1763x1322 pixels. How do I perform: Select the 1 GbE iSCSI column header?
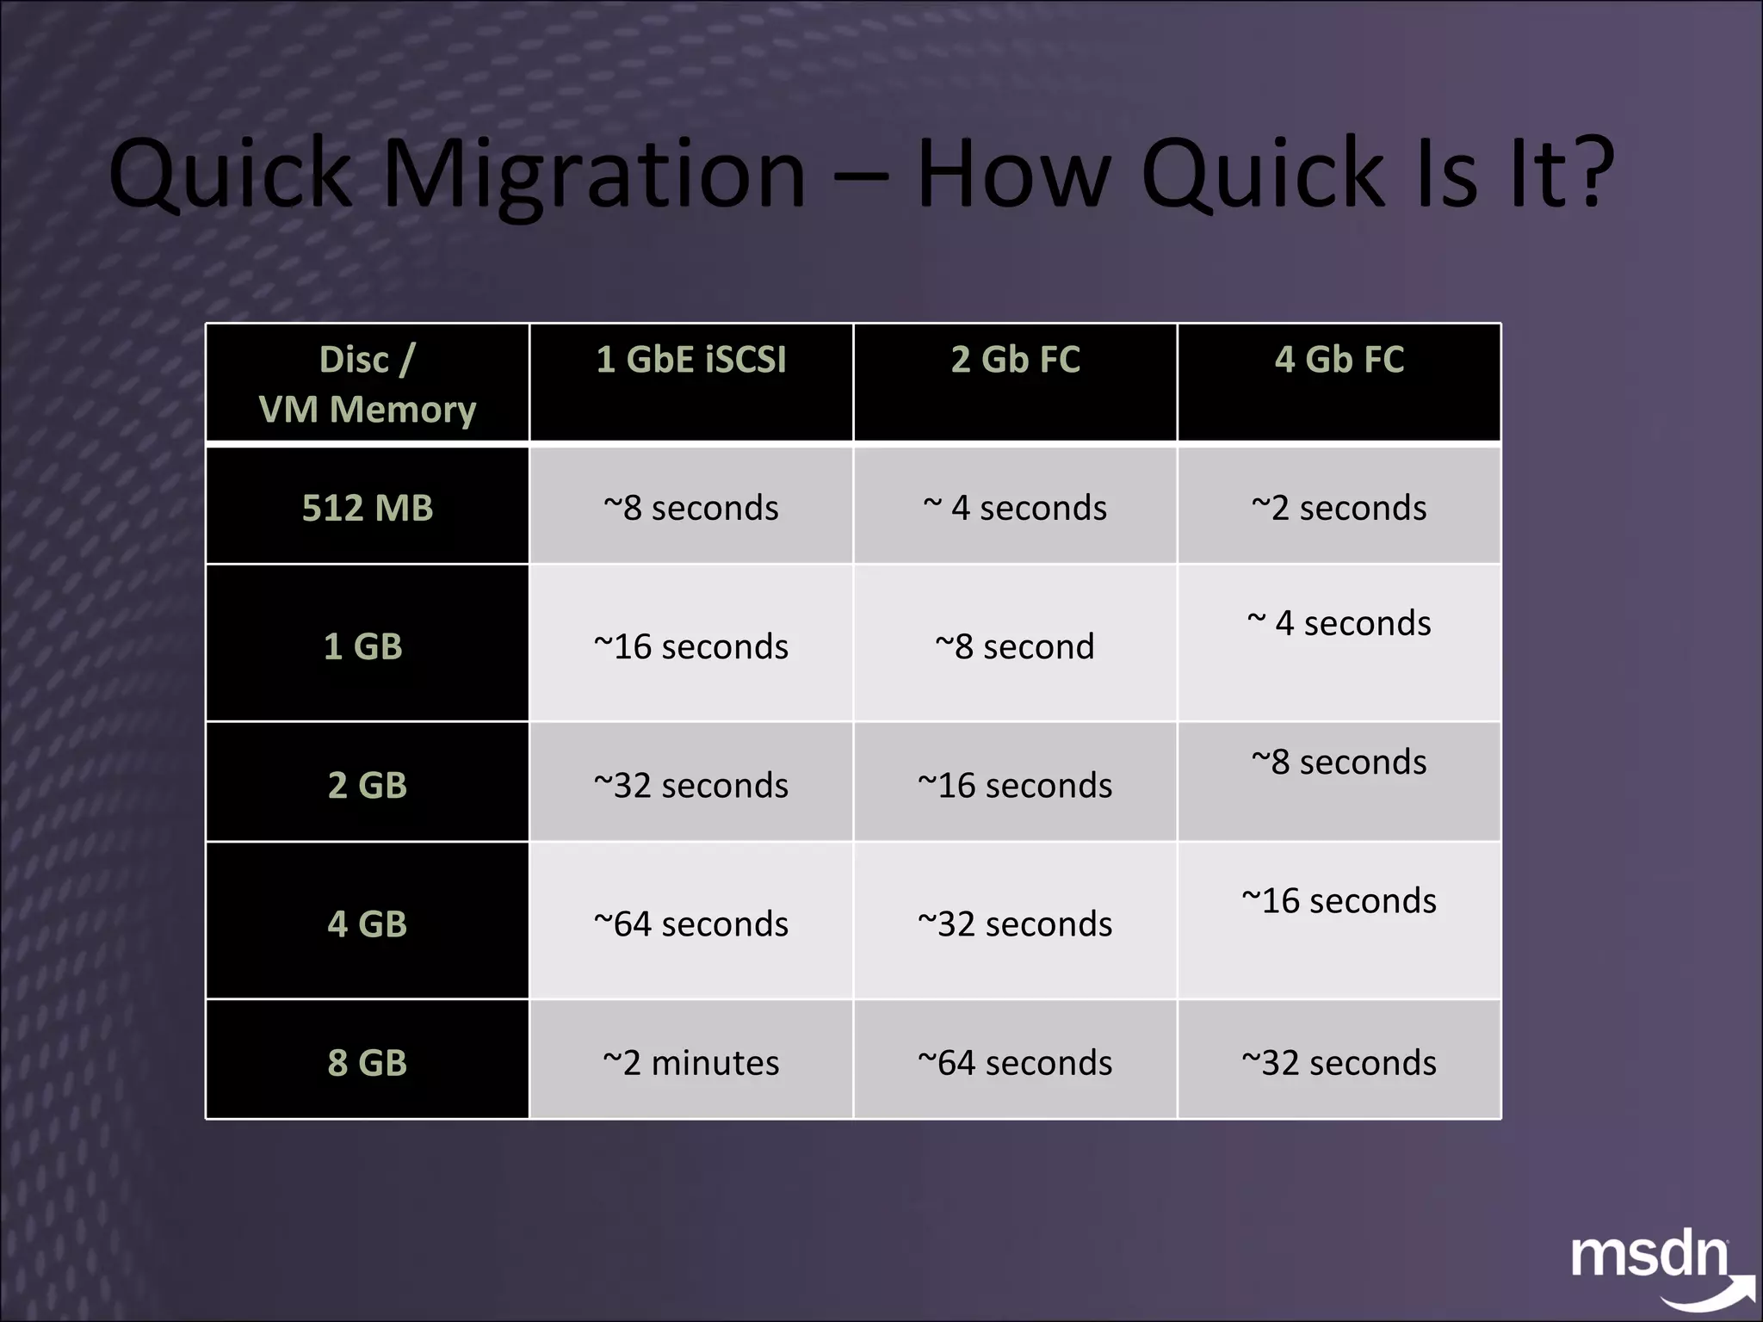pos(691,360)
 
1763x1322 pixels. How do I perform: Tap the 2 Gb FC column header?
pos(1015,360)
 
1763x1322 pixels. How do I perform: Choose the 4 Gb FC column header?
pos(1339,360)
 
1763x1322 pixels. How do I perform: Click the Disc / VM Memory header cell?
pos(368,384)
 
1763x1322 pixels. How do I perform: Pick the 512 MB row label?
pos(368,508)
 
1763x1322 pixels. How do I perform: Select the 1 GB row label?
pos(363,646)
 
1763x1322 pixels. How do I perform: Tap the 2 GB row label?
pos(368,785)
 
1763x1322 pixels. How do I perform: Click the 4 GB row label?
pos(368,924)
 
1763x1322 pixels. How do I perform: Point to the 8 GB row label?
pos(368,1063)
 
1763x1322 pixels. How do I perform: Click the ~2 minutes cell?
pos(691,1063)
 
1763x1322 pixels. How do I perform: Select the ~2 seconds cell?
pos(1339,508)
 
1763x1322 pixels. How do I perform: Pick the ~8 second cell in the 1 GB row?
pos(1015,646)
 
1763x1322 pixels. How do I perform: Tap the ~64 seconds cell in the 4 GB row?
pos(691,924)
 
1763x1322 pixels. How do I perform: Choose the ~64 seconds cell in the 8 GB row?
pos(1015,1063)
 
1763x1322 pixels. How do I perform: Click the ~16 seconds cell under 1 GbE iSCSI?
pos(691,646)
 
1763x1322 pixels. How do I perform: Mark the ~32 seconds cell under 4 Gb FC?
pos(1339,1063)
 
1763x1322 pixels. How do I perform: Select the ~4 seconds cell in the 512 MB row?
pos(1015,508)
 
